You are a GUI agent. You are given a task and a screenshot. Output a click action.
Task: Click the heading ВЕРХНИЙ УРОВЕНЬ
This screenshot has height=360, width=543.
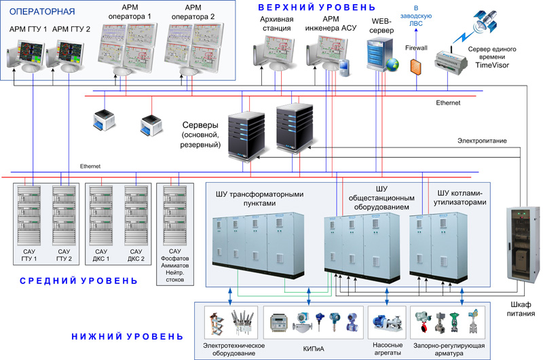[316, 7]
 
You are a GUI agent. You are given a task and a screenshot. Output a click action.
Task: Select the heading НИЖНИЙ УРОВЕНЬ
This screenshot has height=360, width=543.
[127, 336]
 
